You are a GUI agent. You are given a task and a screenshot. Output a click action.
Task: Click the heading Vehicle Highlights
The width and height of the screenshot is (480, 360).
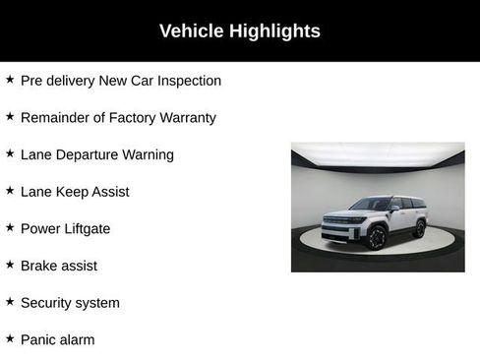[240, 31]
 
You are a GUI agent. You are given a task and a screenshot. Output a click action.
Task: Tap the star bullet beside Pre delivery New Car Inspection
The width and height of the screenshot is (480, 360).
[10, 80]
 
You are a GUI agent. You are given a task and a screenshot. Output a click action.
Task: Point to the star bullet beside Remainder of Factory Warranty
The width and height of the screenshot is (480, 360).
[10, 116]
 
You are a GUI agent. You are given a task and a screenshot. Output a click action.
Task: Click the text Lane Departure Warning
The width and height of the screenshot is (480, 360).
[96, 154]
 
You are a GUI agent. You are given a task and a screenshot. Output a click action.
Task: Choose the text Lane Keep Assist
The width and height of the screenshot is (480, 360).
[75, 192]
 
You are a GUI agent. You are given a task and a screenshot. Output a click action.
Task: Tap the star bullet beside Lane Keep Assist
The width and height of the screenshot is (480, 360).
[10, 190]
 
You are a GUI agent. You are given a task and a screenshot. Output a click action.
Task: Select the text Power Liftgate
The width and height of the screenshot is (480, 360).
[65, 228]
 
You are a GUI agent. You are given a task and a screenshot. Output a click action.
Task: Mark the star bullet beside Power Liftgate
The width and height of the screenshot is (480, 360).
[10, 227]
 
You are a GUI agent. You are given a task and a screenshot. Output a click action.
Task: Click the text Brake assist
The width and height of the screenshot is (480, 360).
[59, 266]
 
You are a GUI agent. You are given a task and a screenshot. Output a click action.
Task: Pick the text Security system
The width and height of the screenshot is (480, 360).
[70, 303]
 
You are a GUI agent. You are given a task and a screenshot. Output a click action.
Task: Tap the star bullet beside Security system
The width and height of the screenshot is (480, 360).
[10, 301]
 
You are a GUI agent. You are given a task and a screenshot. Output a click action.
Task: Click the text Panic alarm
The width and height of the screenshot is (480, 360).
[57, 339]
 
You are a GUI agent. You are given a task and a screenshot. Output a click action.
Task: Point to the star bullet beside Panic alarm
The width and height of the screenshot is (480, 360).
[10, 338]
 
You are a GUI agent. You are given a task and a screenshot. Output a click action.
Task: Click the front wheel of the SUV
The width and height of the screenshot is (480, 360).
[377, 237]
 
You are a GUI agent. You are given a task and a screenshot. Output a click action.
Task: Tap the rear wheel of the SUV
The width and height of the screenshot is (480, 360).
[420, 228]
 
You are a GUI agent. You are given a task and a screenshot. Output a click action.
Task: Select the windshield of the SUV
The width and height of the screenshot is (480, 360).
[371, 206]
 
